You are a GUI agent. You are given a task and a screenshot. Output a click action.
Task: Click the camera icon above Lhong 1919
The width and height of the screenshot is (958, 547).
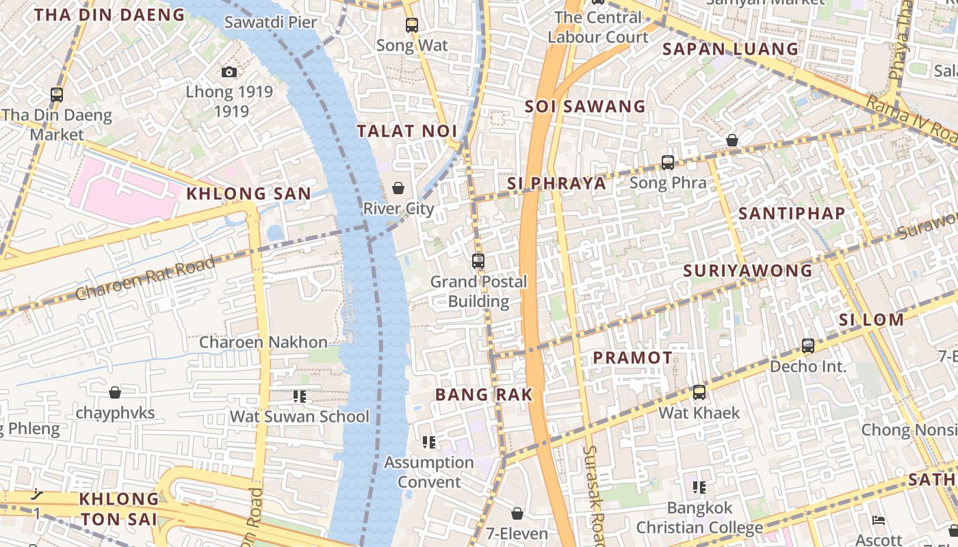(x=229, y=72)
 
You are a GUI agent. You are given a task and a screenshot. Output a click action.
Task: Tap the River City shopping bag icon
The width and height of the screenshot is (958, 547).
(x=398, y=188)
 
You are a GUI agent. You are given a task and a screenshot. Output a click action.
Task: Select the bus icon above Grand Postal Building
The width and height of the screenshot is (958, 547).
(x=478, y=261)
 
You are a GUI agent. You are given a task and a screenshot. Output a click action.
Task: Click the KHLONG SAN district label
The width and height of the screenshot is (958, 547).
(x=249, y=194)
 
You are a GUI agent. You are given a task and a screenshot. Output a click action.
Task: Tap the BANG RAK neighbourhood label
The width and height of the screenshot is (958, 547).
(x=484, y=395)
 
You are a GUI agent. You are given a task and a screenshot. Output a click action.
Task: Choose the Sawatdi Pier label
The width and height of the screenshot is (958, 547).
(x=271, y=22)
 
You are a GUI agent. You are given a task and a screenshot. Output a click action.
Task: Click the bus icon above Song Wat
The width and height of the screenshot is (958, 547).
(x=412, y=25)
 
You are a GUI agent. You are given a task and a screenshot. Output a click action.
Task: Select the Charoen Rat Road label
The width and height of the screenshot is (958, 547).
(x=146, y=278)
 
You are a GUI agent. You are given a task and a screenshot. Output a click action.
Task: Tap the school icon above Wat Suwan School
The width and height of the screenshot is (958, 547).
(x=299, y=396)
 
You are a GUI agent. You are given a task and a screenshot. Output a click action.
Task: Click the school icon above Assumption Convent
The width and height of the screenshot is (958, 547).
(x=429, y=442)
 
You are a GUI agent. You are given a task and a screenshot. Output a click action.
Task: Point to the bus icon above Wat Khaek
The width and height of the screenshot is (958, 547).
(x=699, y=392)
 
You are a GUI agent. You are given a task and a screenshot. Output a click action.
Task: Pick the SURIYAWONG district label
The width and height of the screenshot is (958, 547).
(x=748, y=271)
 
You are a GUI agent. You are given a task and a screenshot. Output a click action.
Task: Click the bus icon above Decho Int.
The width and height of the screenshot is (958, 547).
(x=808, y=346)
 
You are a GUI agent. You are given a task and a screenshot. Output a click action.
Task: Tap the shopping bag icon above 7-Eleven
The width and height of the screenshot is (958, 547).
(x=517, y=513)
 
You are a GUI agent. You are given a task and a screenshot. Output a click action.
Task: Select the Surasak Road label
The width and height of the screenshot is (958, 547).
(x=593, y=496)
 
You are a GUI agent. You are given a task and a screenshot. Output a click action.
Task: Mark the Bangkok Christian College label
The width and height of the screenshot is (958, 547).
(x=699, y=518)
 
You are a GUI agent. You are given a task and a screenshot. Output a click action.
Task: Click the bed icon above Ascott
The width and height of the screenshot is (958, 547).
(x=879, y=520)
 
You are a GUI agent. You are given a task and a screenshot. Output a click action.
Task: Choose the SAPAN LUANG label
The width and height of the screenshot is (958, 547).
(x=731, y=49)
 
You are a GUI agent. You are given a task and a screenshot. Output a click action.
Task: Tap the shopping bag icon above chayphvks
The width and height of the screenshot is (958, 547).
(x=115, y=392)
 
